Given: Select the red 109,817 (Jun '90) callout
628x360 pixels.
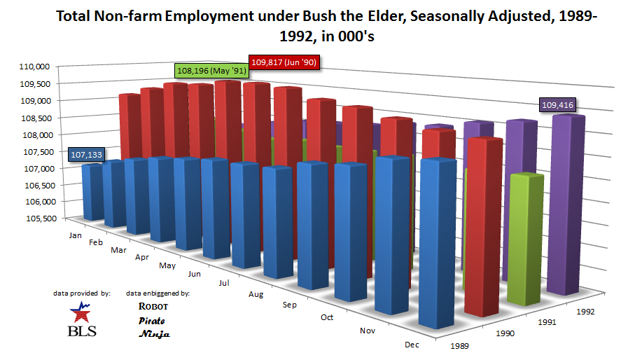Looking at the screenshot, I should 284,62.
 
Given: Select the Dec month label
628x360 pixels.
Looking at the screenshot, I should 412,344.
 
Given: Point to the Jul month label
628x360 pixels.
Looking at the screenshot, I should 224,283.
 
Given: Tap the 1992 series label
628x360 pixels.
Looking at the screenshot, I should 585,311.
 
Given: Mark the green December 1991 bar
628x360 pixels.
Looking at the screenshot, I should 526,238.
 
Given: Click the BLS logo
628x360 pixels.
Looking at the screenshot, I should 81,319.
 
